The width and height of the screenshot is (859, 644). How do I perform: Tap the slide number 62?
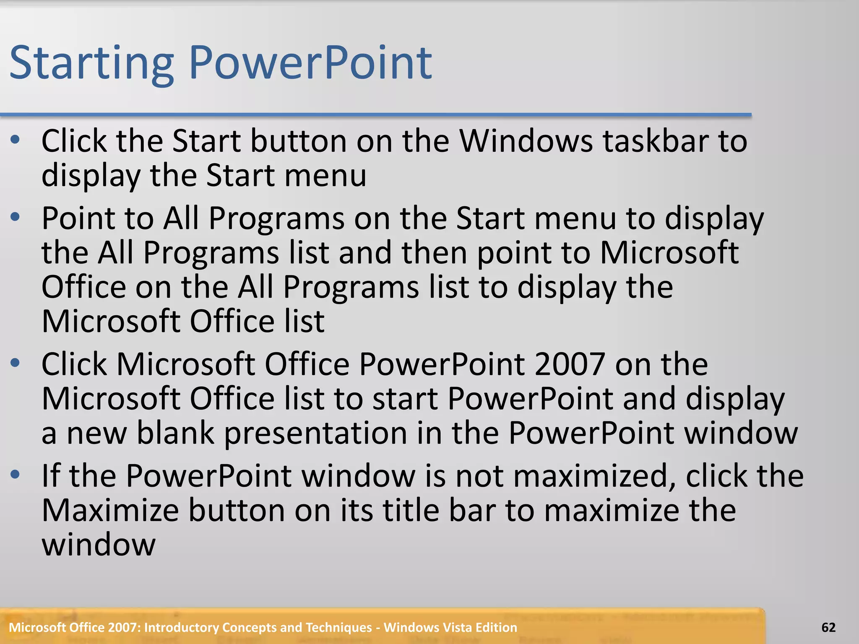[828, 628]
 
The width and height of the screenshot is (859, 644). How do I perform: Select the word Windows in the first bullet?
[526, 141]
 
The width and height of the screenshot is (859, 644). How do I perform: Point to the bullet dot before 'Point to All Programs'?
[16, 217]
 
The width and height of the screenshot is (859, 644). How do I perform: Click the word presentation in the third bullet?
[315, 434]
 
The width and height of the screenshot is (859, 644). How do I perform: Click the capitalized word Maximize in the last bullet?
[110, 510]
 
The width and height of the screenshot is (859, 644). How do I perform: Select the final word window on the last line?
[99, 545]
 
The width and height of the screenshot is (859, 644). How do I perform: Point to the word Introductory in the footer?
[182, 628]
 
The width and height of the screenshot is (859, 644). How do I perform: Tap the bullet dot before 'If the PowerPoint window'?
[16, 475]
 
